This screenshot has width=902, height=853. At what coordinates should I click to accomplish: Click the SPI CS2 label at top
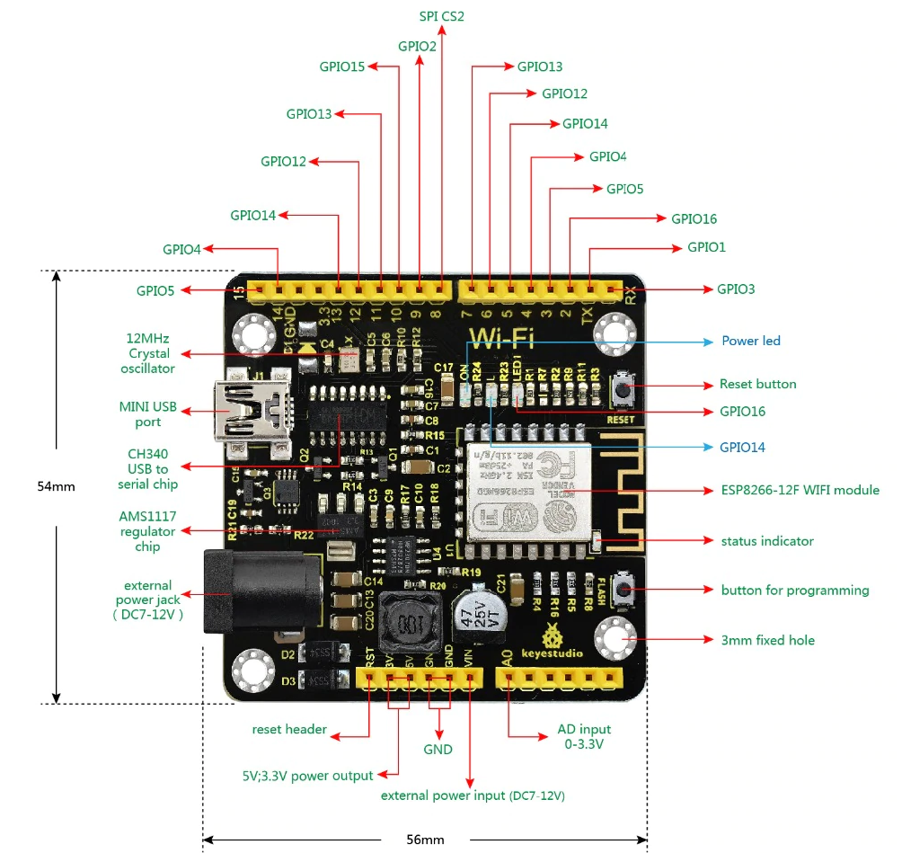pos(442,16)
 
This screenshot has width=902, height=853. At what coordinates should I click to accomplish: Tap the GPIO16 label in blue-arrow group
pos(741,411)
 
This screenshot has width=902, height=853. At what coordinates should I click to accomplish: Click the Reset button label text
pos(757,384)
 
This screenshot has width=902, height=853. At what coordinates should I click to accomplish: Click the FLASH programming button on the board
pos(620,591)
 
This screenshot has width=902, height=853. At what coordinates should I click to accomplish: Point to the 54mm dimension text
pos(56,486)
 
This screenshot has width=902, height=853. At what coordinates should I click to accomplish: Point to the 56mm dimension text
pos(426,840)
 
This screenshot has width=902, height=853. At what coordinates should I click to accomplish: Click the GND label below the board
pos(438,749)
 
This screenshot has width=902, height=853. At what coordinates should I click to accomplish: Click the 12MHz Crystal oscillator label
pos(149,353)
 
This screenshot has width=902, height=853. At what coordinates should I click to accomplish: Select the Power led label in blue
pos(751,341)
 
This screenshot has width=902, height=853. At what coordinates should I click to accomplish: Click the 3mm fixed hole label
pos(768,640)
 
